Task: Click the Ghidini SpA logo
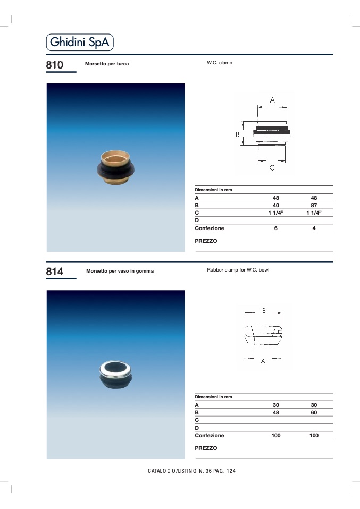coord(80,42)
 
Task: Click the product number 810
coord(55,65)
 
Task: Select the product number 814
coord(55,272)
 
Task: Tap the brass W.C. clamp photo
coord(116,167)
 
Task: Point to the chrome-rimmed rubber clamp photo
coord(116,375)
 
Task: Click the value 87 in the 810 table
coord(314,205)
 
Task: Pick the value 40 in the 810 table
coord(275,205)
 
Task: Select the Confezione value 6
coord(275,228)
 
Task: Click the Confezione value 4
coord(314,228)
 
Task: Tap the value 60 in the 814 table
coord(314,413)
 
